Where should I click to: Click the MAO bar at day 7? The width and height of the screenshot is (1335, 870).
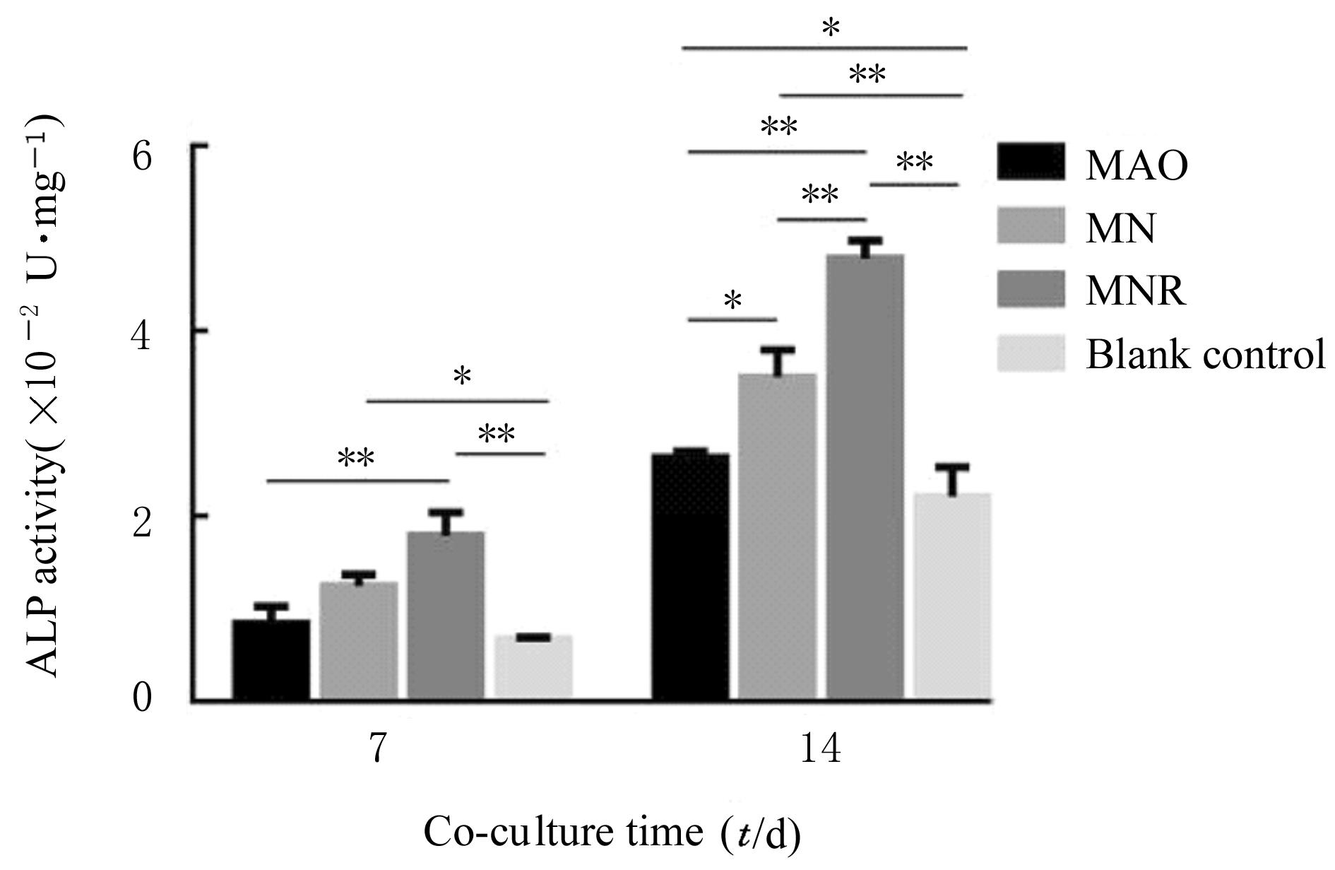click(x=271, y=660)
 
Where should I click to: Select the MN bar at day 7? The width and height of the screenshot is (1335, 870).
click(x=359, y=641)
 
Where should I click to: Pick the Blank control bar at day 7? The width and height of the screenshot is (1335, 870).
click(x=533, y=668)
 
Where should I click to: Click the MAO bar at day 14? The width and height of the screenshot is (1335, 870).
click(x=690, y=577)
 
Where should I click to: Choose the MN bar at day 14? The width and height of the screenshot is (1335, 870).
click(x=778, y=537)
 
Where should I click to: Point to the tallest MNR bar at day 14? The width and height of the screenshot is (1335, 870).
click(x=865, y=477)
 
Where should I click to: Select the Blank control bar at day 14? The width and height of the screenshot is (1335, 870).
click(x=953, y=596)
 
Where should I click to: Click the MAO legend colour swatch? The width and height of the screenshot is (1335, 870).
click(x=1031, y=162)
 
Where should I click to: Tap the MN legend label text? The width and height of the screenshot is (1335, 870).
click(x=1121, y=228)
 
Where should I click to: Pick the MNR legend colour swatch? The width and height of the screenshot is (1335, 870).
click(x=1031, y=288)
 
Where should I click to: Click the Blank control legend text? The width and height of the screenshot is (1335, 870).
click(x=1205, y=353)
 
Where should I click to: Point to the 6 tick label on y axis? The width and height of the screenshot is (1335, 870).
click(x=143, y=158)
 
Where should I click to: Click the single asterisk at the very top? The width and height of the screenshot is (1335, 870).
click(x=831, y=29)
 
